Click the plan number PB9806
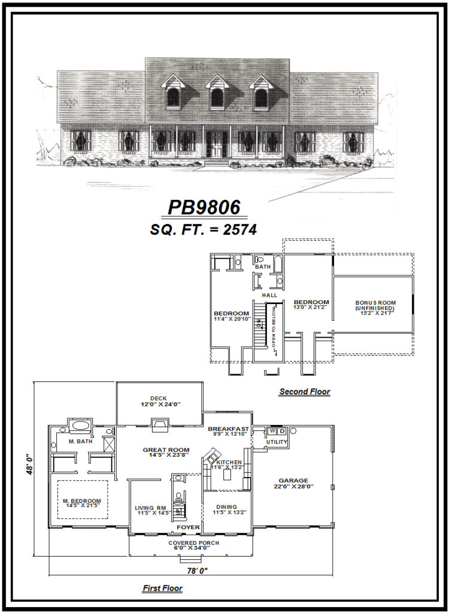[x=204, y=207]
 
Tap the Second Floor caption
[x=304, y=392]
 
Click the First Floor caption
[x=162, y=588]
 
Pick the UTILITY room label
[x=277, y=442]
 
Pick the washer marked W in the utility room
[x=272, y=431]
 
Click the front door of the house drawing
[x=214, y=144]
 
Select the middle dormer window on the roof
[x=217, y=96]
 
